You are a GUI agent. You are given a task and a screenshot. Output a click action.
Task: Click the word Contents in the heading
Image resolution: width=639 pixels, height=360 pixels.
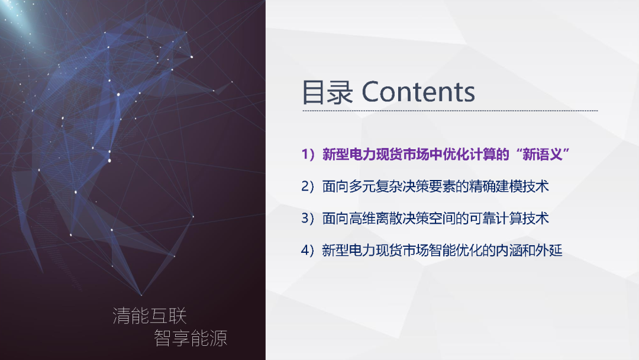point(418,92)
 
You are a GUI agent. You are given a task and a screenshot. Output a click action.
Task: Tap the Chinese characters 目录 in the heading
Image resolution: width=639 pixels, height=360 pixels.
point(327,93)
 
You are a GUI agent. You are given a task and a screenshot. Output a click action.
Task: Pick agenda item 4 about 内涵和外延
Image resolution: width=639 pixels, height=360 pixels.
point(431,250)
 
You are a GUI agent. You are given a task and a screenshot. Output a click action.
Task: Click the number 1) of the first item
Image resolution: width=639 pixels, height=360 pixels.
point(308,155)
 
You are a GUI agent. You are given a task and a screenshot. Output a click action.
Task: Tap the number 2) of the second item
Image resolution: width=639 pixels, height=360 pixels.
point(308,187)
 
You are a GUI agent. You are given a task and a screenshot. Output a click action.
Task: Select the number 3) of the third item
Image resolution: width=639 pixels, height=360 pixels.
point(308,218)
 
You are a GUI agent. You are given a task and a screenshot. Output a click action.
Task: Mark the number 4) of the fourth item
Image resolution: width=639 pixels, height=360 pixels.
point(308,250)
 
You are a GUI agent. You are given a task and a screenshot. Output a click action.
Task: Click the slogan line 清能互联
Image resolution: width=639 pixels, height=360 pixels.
point(150,316)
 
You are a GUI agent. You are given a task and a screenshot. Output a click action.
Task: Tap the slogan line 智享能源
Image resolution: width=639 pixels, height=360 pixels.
point(191,338)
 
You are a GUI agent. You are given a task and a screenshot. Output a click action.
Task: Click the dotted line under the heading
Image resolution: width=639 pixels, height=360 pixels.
point(450,111)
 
